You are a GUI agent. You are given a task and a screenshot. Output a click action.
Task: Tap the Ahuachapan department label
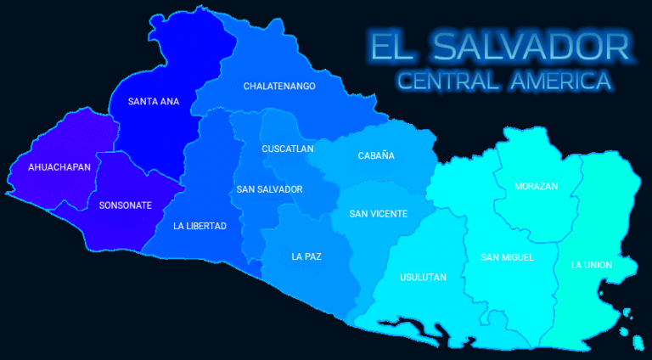point(59,167)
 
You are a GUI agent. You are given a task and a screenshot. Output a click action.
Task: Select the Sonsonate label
point(126,205)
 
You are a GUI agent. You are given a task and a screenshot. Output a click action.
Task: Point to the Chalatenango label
point(279,87)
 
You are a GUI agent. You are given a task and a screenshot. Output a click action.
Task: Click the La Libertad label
point(200,226)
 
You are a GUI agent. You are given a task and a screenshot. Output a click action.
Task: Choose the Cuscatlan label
point(288,149)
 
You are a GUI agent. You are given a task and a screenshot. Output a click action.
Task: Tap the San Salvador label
point(269,189)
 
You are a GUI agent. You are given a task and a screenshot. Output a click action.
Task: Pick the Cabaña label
point(376,156)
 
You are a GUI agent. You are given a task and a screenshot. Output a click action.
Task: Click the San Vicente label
point(379,214)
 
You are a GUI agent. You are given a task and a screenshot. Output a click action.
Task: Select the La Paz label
point(306,256)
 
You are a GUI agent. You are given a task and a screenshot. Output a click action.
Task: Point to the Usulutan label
point(422,278)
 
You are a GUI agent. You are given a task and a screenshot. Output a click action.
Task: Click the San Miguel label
point(507,257)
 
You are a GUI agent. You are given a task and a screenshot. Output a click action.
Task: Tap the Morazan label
point(537,187)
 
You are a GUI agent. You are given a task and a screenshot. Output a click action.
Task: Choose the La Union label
point(592,265)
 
